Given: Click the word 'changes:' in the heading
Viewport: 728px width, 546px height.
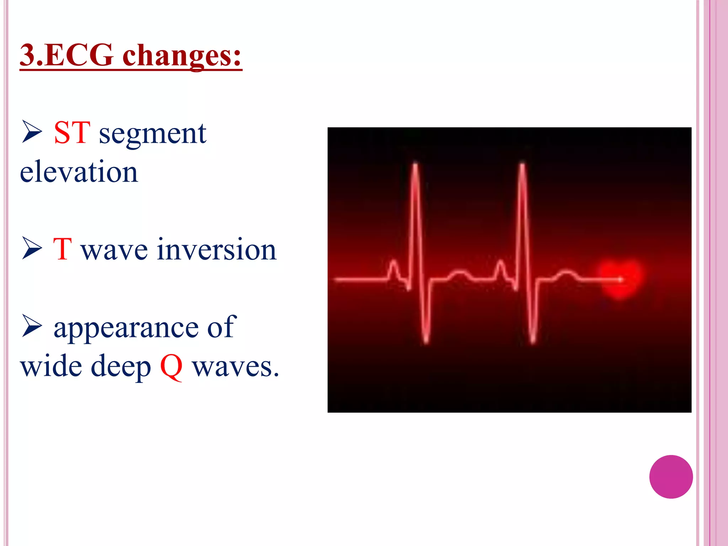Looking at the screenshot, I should coord(182,56).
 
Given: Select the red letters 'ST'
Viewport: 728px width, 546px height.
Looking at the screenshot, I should coord(72,133).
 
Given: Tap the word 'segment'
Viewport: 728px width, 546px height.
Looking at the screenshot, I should coord(152,134).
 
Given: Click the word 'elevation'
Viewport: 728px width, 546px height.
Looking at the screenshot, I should coord(79,172).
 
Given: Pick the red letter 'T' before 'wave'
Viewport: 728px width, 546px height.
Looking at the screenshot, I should coord(63,249).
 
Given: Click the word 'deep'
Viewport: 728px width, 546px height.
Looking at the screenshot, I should coord(121,368).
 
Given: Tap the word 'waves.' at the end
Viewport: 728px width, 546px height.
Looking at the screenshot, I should coord(236,367).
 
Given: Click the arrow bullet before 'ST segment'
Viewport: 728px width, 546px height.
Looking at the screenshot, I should coord(32,132).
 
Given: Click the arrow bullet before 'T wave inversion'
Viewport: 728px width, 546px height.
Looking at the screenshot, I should coord(32,248).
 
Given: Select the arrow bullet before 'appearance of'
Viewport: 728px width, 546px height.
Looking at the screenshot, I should coord(32,326).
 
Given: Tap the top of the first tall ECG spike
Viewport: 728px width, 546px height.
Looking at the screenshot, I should coord(415,165).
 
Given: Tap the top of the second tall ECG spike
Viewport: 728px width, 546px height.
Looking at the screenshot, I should coord(522,165).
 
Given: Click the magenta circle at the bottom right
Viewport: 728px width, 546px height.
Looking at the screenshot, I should coord(671,477).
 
